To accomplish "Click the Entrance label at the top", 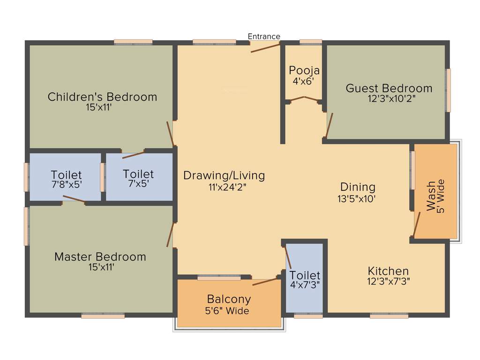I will click(264, 37).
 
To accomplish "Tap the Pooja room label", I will click(304, 71).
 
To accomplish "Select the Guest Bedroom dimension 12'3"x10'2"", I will click(392, 99).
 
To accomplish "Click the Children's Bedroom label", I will click(102, 97).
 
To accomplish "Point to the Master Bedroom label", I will click(100, 257).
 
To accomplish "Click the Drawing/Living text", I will click(224, 176).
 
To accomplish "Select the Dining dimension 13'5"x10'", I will click(358, 199).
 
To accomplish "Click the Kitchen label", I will click(388, 271).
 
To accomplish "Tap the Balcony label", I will click(229, 299).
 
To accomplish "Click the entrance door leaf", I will click(265, 47).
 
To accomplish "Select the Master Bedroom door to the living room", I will click(171, 234).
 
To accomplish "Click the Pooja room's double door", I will click(304, 98).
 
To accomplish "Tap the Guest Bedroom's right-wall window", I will click(448, 90).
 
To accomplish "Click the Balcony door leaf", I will click(265, 282).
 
